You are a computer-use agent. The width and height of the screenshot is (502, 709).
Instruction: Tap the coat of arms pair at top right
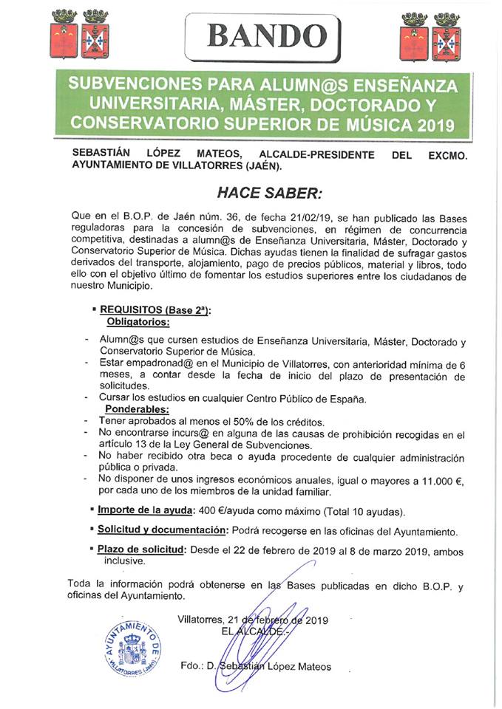(430, 37)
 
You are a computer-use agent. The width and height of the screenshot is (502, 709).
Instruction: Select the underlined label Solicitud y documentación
(163, 530)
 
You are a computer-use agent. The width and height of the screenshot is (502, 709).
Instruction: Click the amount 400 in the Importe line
(207, 510)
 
